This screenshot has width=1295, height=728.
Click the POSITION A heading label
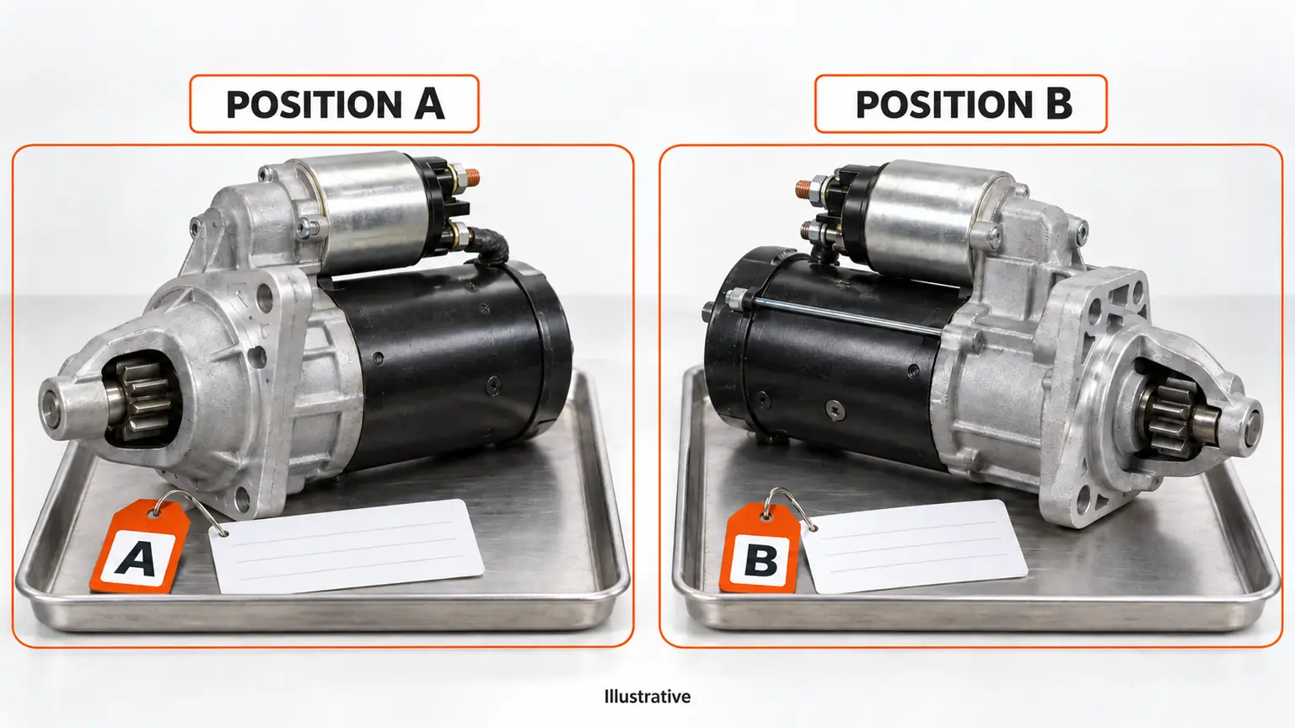pos(334,104)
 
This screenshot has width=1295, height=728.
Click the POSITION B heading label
pos(961,104)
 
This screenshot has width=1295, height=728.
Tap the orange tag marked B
pos(760,549)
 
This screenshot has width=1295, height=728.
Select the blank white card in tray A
pos(346,546)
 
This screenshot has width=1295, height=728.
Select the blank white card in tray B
pos(913,546)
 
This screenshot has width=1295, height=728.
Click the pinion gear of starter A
pos(144,399)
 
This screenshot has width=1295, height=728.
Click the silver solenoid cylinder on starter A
pos(370,211)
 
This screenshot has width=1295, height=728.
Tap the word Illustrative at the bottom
pos(647,696)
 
